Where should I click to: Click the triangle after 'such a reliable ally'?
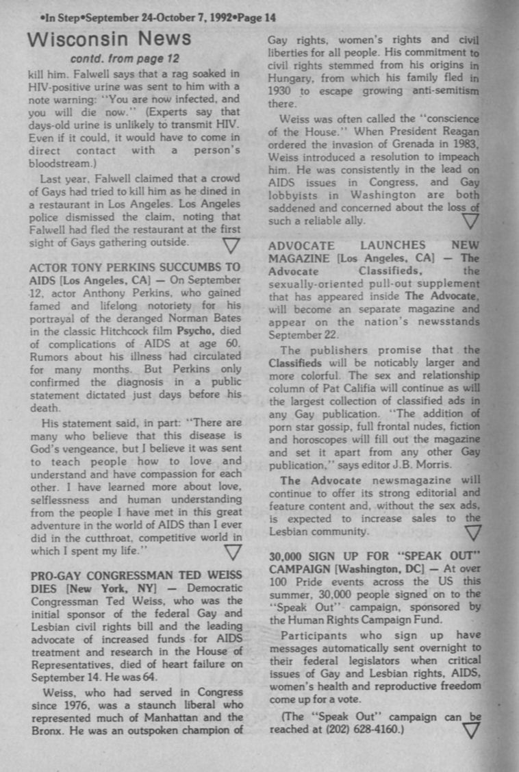tap(470, 221)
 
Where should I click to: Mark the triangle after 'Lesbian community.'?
tap(472, 532)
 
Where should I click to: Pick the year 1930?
tap(279, 91)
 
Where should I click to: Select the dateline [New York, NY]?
tap(114, 588)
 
